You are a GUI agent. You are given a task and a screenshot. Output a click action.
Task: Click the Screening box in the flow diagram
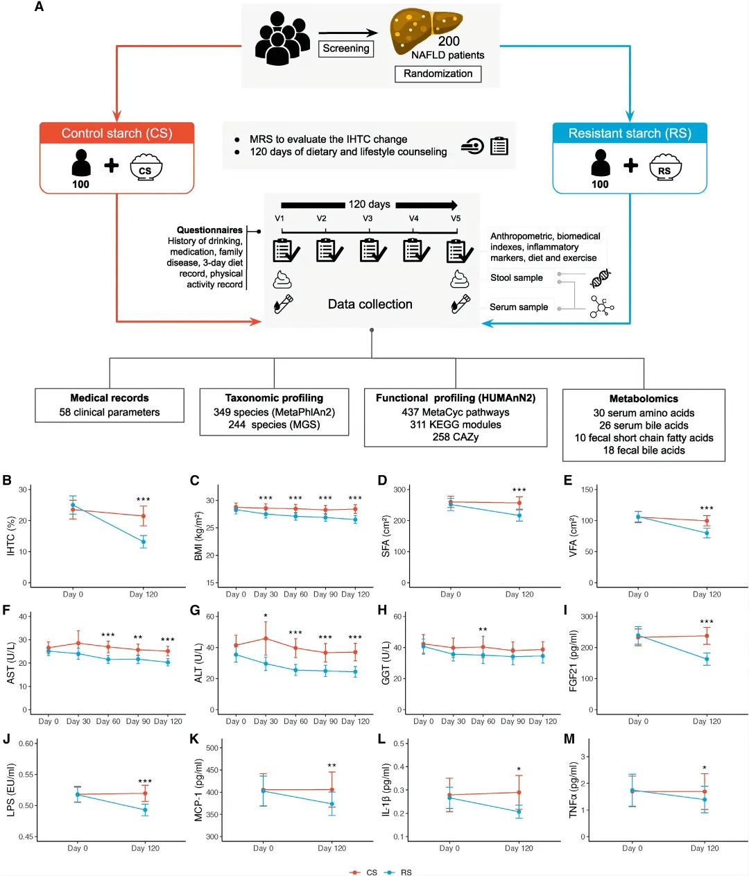pos(346,49)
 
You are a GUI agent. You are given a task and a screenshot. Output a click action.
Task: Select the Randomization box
pos(438,74)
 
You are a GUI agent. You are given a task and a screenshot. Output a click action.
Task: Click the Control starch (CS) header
pos(117,133)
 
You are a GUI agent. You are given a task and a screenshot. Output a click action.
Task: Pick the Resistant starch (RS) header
pos(630,133)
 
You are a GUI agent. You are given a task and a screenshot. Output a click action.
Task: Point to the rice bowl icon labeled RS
pos(664,167)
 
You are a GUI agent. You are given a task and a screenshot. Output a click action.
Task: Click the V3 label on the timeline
pos(368,218)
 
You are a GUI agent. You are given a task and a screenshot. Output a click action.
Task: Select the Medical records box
pos(110,405)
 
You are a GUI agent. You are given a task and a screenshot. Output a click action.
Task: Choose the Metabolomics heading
pos(644,399)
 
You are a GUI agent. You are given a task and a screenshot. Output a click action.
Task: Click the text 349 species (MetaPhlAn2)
pos(274,412)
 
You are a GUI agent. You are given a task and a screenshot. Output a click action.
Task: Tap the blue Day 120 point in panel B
pos(144,542)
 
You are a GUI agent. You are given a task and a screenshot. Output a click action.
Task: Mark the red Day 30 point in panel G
pos(266,639)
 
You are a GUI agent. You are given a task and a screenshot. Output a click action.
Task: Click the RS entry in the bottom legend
pos(406,872)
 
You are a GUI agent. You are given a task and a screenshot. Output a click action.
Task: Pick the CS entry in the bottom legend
pos(371,872)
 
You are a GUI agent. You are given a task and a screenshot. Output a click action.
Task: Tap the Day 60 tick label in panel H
pos(483,721)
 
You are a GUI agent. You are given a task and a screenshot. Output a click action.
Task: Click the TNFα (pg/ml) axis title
pos(574,790)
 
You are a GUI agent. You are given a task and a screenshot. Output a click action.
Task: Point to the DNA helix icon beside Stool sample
pos(601,278)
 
